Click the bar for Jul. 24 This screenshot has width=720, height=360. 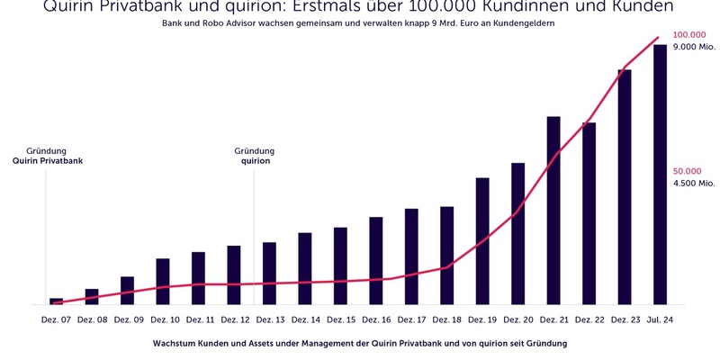click(660, 175)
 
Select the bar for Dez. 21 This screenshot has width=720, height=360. click(553, 211)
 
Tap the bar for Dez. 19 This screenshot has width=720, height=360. click(482, 241)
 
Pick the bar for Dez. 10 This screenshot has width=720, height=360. click(163, 282)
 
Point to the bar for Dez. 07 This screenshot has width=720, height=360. click(56, 301)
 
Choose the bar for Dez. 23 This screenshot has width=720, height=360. click(625, 187)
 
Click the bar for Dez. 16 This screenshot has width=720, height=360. click(376, 261)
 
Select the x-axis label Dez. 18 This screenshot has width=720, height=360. click(446, 319)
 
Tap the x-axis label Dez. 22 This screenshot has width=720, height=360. click(589, 319)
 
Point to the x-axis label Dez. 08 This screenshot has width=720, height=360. click(92, 319)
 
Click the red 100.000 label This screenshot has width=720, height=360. click(688, 34)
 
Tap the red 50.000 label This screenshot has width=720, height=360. click(687, 171)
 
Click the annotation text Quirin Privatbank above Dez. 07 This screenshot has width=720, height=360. click(46, 161)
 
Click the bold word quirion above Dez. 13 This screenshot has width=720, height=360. click(254, 161)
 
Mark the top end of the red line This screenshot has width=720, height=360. click(659, 38)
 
